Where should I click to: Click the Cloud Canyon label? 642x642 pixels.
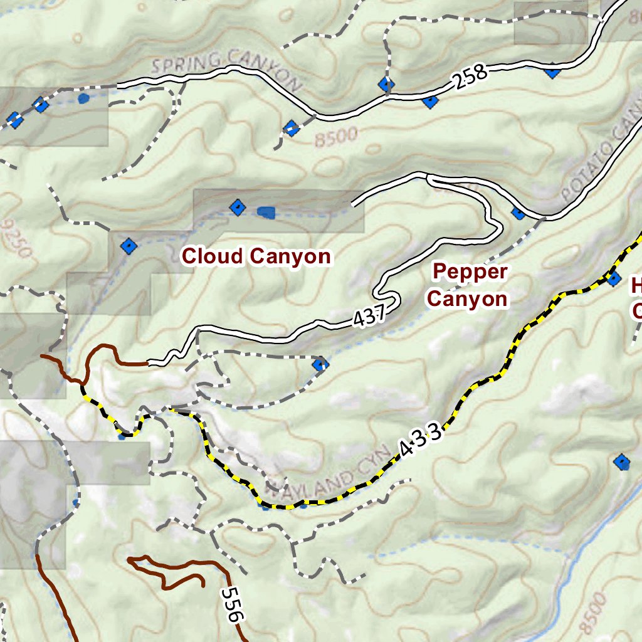(x=256, y=256)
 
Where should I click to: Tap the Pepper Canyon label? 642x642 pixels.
(x=467, y=285)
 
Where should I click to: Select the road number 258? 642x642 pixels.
(x=471, y=75)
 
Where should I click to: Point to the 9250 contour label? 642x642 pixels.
(x=17, y=238)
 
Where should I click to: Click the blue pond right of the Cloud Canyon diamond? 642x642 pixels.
(x=266, y=213)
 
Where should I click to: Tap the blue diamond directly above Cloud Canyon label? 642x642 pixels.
(x=237, y=207)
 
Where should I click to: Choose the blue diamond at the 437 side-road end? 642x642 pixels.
(x=320, y=364)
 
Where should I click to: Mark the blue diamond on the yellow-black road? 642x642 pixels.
(x=614, y=278)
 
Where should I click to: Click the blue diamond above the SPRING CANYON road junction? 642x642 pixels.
(x=386, y=84)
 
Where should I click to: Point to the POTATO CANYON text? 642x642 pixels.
(x=602, y=163)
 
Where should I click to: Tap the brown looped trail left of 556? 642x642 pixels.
(x=166, y=571)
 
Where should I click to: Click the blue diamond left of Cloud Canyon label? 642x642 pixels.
(x=129, y=246)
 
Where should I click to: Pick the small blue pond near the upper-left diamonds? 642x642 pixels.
(x=83, y=98)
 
